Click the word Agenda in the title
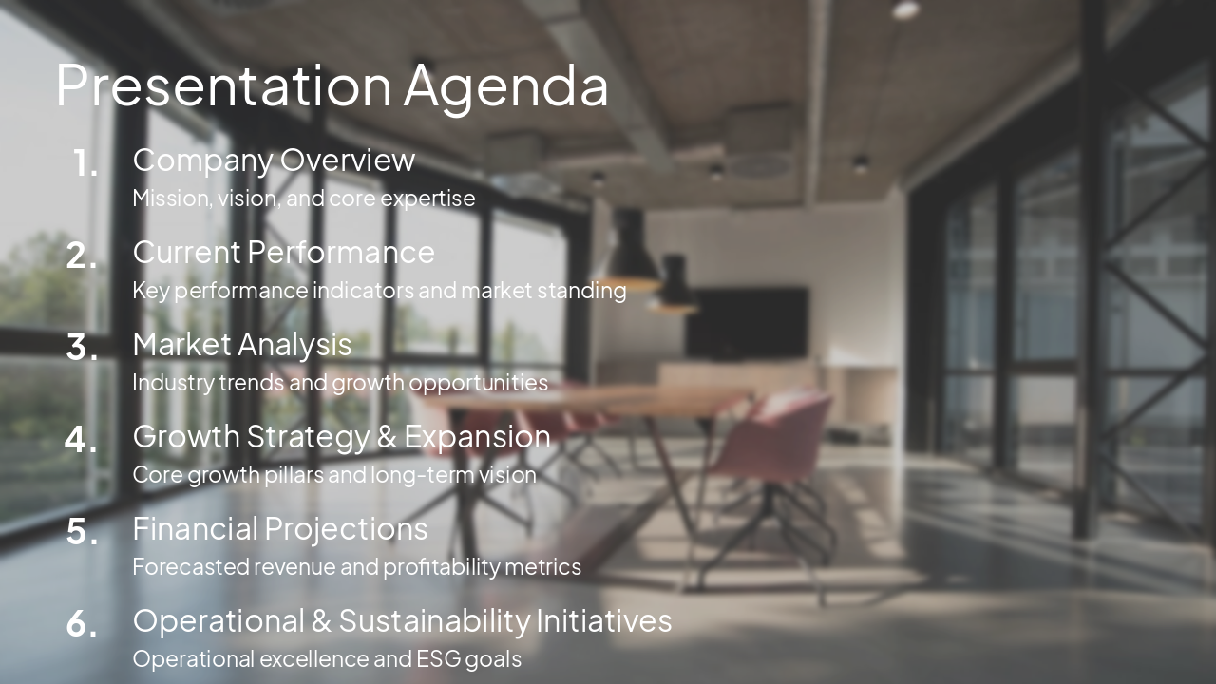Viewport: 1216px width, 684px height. click(505, 86)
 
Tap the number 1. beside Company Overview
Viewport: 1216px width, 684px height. click(85, 164)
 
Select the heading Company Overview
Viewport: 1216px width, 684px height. click(274, 161)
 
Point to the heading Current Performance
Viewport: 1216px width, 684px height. click(283, 253)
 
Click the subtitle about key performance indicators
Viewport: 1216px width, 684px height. click(379, 291)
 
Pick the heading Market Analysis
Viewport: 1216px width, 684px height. click(241, 345)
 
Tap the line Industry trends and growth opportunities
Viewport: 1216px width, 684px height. click(340, 383)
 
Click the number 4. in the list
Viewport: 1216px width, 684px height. click(82, 440)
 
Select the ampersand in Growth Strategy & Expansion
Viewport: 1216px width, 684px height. click(386, 437)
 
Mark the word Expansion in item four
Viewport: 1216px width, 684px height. click(477, 437)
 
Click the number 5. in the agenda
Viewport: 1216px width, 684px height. click(82, 532)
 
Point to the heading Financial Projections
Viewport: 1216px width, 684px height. click(280, 528)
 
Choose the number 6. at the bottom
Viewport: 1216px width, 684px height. click(82, 624)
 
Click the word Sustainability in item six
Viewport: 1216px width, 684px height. click(434, 620)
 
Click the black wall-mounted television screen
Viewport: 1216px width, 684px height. click(747, 323)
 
